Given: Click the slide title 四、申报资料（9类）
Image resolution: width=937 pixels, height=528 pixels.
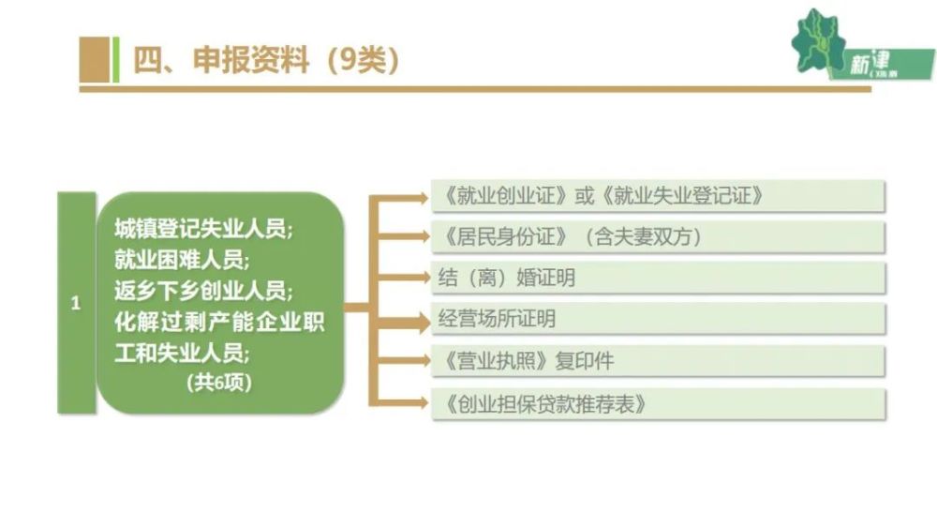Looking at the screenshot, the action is point(266,60).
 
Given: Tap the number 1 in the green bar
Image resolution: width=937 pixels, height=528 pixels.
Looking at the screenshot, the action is point(76,303).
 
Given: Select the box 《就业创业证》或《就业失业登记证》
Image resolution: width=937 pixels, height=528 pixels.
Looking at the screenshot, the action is point(658,195).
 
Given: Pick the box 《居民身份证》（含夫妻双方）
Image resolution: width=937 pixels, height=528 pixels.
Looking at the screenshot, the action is point(658,236).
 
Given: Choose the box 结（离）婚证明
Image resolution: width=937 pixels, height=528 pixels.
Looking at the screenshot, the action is point(658,278).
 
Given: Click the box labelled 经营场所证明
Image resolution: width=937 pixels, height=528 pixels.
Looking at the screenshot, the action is point(658,319).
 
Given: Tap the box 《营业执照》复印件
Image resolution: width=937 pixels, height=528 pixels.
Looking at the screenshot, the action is point(658,361).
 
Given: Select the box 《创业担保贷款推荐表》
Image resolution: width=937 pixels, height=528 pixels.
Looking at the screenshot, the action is point(658,404).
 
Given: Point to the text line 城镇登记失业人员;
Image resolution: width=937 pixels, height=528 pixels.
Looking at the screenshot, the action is point(203,229).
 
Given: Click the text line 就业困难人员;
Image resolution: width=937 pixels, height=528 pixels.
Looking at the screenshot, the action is point(183,260).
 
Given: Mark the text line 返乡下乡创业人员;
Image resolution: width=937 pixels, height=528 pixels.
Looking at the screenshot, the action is point(203,292).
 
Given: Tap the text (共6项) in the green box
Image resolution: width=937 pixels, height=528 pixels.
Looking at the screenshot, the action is point(219,382).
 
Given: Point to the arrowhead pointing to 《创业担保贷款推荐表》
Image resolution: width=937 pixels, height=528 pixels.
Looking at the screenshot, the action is point(424,402).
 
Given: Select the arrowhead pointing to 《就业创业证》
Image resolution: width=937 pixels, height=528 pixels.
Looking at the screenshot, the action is point(424,197).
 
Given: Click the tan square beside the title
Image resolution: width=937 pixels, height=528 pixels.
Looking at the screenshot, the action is point(95,59).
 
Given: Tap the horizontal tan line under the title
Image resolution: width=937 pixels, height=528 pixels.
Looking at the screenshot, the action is point(475,89).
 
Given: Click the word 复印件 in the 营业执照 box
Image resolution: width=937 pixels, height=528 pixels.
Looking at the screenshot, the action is point(584,361).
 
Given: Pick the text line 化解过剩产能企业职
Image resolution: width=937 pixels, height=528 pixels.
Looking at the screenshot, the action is point(219,323).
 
